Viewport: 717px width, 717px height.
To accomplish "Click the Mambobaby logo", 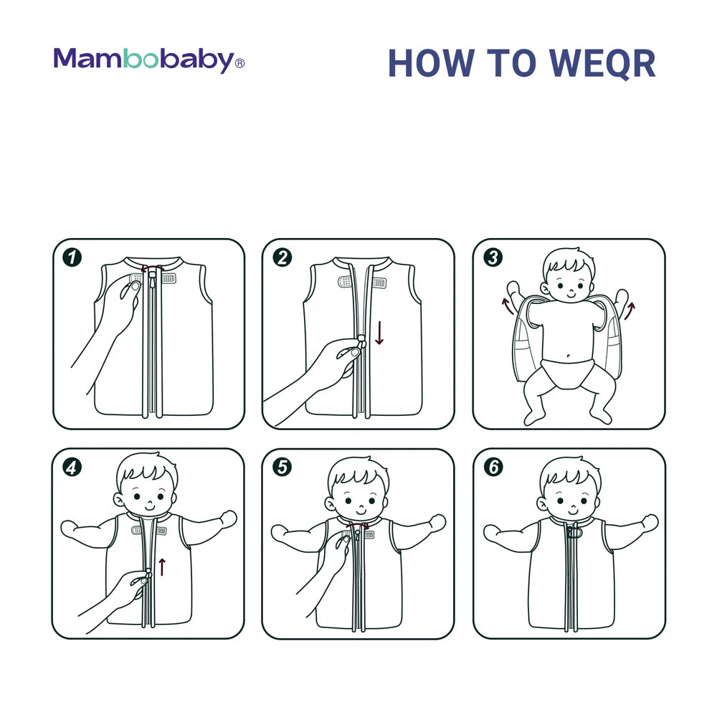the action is [x=148, y=60].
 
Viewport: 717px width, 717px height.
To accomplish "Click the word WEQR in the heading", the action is [x=602, y=64].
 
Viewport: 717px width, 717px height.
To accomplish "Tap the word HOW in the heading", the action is [x=432, y=63].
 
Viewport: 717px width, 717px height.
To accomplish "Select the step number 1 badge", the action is [x=72, y=257].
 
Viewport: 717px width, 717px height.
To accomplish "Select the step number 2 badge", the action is [x=282, y=257].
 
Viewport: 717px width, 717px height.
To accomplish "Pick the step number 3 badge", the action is [x=493, y=257].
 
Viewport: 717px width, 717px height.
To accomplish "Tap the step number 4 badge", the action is [x=72, y=467].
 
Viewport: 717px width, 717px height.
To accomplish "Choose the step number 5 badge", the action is [x=282, y=467].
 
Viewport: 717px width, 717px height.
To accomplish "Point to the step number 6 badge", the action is [x=493, y=467].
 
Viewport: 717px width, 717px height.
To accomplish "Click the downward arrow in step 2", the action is [x=379, y=333].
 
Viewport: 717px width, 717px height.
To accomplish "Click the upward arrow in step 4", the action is [x=162, y=567].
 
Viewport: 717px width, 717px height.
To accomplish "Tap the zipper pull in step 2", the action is [x=361, y=341].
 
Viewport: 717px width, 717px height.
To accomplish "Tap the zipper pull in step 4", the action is [x=148, y=574].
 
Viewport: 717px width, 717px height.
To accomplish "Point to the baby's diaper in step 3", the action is [x=567, y=373].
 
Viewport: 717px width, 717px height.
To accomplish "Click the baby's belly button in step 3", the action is [x=568, y=356].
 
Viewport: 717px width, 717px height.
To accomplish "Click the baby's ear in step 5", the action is [x=330, y=504].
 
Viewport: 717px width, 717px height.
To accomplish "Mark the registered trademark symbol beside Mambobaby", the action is [x=239, y=63].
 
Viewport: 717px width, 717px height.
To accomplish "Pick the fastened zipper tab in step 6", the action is [x=574, y=532].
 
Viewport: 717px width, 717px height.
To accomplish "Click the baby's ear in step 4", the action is [x=119, y=500].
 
